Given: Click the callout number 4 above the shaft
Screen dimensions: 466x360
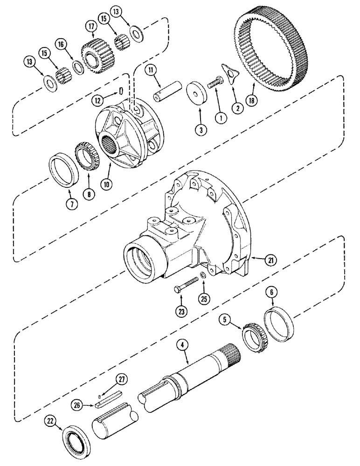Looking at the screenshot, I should point(183,345).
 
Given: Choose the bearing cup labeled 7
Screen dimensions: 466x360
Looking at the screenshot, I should point(62,171).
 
